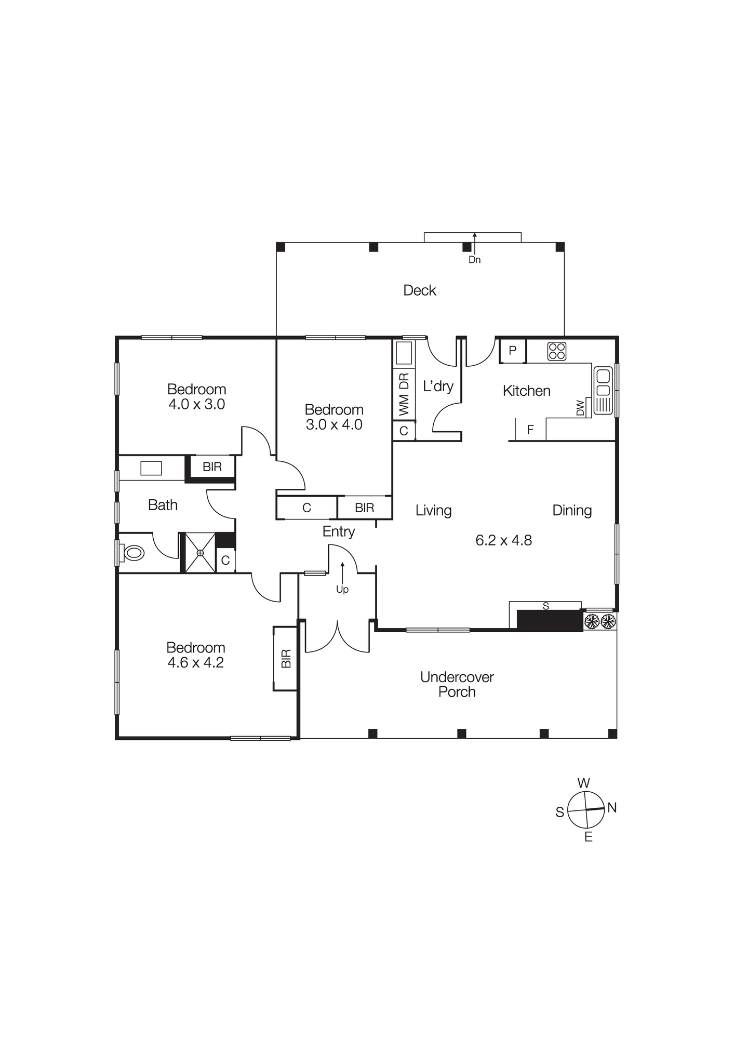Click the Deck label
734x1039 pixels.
(x=419, y=290)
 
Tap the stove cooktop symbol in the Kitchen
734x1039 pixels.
(x=556, y=351)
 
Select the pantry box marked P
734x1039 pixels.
(x=512, y=350)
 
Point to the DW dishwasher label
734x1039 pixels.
(x=581, y=407)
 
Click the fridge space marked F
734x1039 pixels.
(x=530, y=430)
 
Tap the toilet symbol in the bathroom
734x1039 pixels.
(x=133, y=553)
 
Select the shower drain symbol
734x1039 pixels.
(x=200, y=553)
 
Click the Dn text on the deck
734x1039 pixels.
(x=474, y=260)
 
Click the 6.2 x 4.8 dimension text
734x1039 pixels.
(x=503, y=540)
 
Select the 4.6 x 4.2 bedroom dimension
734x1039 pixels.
(x=195, y=662)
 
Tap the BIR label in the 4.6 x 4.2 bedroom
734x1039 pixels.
(x=286, y=659)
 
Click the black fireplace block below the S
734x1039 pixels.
(x=550, y=621)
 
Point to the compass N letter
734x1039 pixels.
(x=612, y=807)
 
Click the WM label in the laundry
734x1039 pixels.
(x=404, y=405)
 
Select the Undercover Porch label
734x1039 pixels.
(x=457, y=684)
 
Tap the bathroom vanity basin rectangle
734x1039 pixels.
(x=151, y=468)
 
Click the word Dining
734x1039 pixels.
(x=572, y=510)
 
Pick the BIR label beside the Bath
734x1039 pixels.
(x=212, y=467)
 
